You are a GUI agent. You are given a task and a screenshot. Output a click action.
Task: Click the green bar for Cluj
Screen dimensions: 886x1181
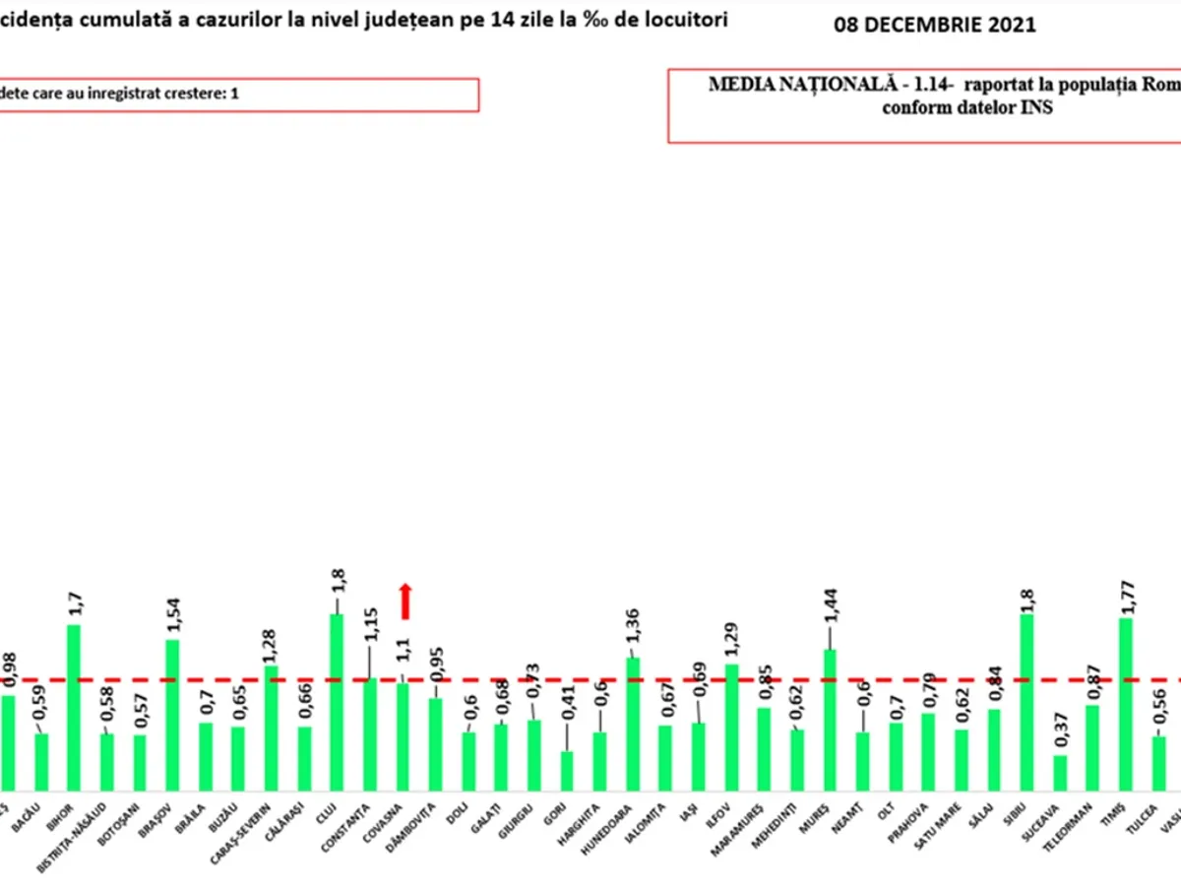coord(337,701)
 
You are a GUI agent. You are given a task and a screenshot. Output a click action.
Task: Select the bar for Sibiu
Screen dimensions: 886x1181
coord(1026,701)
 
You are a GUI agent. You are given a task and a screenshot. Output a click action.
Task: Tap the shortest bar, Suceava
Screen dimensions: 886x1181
coord(1060,772)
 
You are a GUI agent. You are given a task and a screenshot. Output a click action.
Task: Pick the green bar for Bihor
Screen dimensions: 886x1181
coord(74,706)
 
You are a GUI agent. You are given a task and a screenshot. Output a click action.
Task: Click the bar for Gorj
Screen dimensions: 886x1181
coord(566,770)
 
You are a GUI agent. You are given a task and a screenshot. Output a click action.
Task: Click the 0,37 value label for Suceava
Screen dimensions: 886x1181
coord(1060,730)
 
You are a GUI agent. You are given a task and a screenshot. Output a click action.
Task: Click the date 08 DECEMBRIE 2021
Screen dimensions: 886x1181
coord(935,26)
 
